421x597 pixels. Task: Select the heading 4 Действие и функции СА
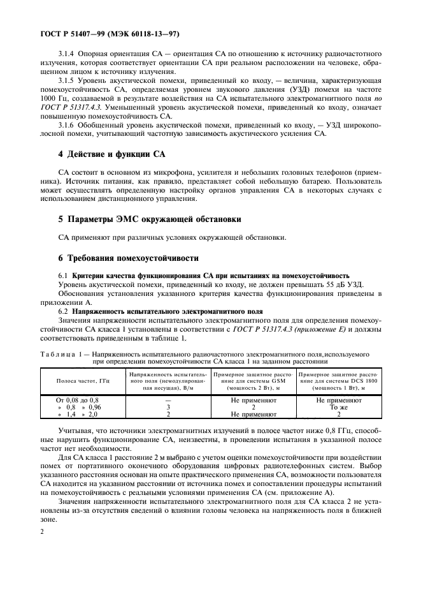[104, 154]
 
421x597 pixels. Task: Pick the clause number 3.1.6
[68, 126]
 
